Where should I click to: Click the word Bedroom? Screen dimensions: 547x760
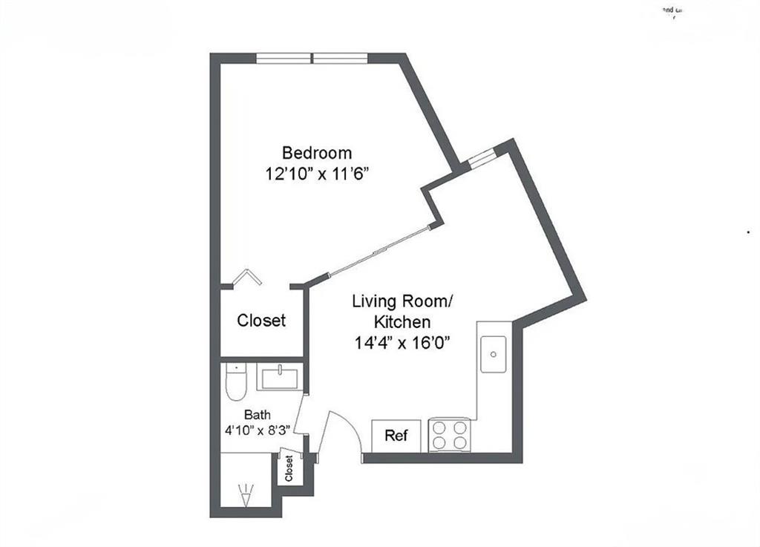[317, 153]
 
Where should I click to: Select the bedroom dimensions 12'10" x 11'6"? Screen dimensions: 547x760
[317, 174]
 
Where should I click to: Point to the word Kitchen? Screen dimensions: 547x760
[402, 322]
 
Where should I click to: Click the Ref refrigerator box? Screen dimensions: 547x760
[396, 436]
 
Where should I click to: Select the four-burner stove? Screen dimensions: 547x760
[450, 436]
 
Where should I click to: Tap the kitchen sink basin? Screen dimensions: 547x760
[494, 354]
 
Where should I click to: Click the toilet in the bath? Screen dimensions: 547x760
[236, 382]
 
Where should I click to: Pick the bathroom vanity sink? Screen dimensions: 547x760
[278, 377]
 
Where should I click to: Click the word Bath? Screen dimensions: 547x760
[258, 415]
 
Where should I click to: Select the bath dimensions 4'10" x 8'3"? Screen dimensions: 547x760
[258, 430]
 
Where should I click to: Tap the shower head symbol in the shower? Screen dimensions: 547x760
[244, 494]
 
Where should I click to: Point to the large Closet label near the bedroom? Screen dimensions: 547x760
[261, 321]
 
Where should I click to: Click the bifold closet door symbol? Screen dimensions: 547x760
[246, 278]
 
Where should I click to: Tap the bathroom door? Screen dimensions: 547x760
[301, 416]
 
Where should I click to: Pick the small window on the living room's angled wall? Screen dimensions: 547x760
[482, 157]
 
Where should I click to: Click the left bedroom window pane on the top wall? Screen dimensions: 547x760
[284, 58]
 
